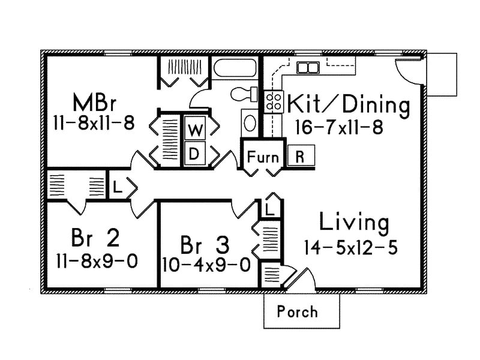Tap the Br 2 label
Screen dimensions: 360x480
click(x=95, y=238)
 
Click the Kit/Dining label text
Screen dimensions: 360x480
click(x=349, y=105)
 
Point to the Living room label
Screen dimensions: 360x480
click(x=354, y=222)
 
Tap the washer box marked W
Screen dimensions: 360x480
click(x=194, y=129)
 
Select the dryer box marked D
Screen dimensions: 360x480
click(x=194, y=153)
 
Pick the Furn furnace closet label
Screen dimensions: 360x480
click(x=263, y=157)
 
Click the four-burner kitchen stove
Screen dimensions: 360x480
click(x=274, y=101)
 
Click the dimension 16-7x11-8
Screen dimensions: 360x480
click(x=339, y=127)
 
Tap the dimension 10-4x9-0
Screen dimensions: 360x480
click(x=205, y=265)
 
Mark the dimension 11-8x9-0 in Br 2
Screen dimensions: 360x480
click(x=97, y=261)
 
